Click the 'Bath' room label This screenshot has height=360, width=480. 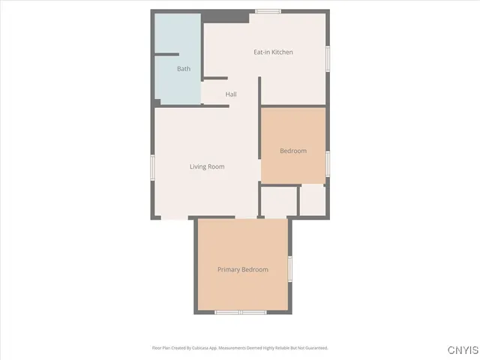pyautogui.click(x=184, y=69)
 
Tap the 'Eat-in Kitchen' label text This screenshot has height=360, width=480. pyautogui.click(x=273, y=52)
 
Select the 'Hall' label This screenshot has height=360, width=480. pyautogui.click(x=231, y=94)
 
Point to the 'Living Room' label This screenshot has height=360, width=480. pyautogui.click(x=207, y=166)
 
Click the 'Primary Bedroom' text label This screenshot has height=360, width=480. pyautogui.click(x=242, y=269)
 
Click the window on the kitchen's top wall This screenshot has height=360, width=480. pyautogui.click(x=268, y=11)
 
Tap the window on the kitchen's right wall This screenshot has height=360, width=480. pyautogui.click(x=328, y=58)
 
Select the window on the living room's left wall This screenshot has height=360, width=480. pyautogui.click(x=153, y=167)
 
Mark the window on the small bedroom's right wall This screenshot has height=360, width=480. pyautogui.click(x=328, y=163)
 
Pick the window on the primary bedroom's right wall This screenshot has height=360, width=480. pyautogui.click(x=289, y=268)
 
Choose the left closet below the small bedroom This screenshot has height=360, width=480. pyautogui.click(x=278, y=202)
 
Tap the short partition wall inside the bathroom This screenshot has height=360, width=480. pyautogui.click(x=166, y=54)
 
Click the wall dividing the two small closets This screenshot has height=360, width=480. pyautogui.click(x=298, y=200)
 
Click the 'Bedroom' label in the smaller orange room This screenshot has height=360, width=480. pyautogui.click(x=293, y=151)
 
